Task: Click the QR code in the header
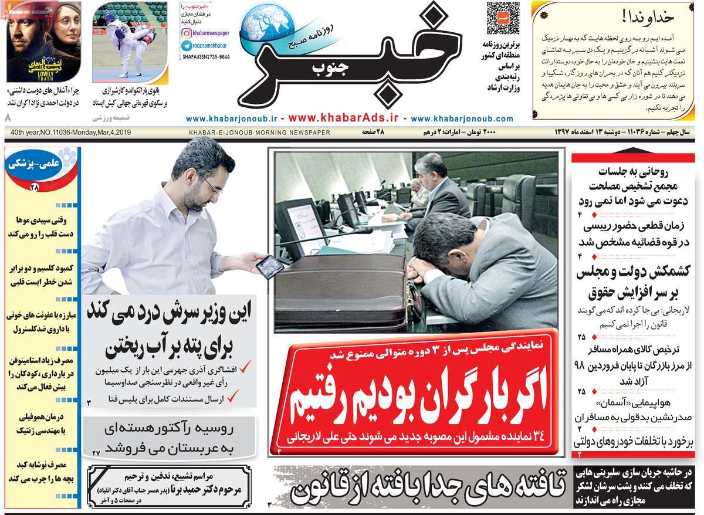(x=503, y=19)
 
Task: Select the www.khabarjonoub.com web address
(x=462, y=118)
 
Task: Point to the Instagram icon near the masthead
(x=186, y=33)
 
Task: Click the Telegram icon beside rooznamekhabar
(x=186, y=45)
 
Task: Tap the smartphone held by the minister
(x=269, y=267)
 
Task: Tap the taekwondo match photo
(x=130, y=41)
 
